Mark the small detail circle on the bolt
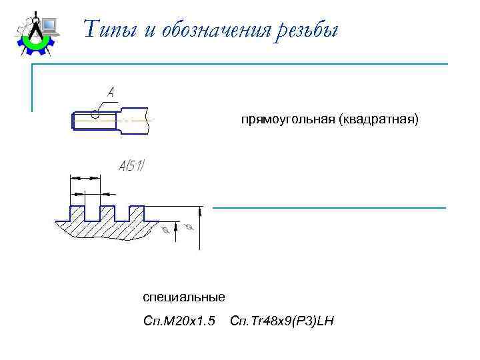[x=95, y=115]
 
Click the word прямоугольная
[x=288, y=120]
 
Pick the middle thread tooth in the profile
[x=107, y=213]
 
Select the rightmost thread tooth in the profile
[x=137, y=213]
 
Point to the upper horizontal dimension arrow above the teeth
[x=85, y=178]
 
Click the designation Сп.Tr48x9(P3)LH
[x=281, y=322]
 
